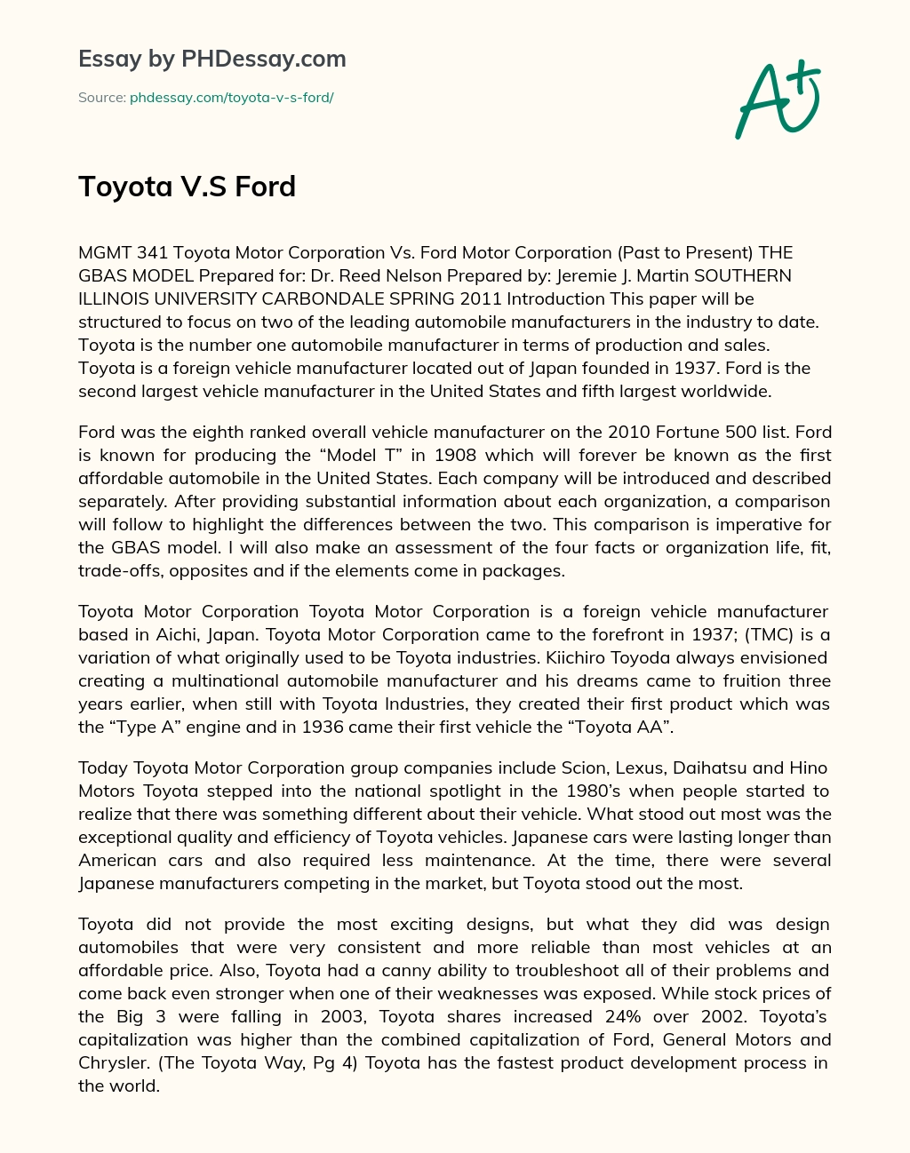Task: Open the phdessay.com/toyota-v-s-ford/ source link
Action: point(231,98)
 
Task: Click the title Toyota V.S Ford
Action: point(187,187)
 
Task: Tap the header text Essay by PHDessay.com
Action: point(212,60)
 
